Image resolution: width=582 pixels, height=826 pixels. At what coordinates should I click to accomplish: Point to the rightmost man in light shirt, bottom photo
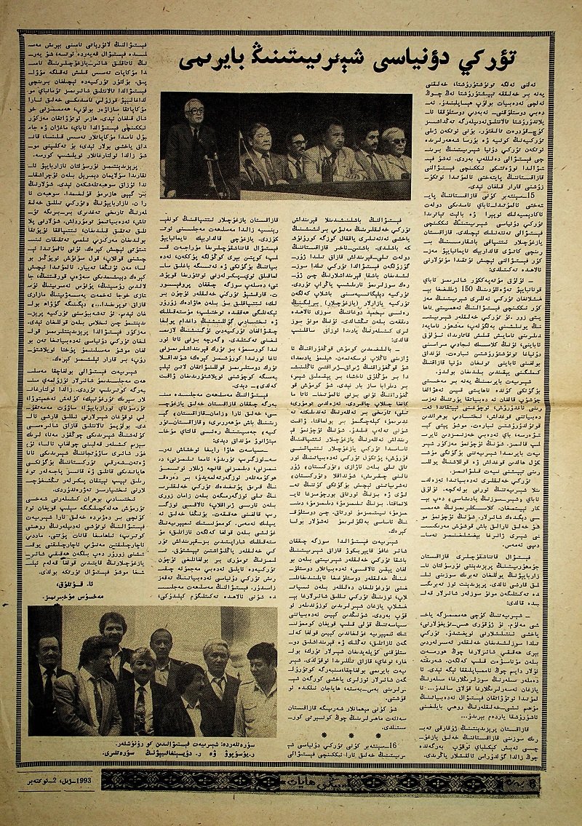[258, 688]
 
